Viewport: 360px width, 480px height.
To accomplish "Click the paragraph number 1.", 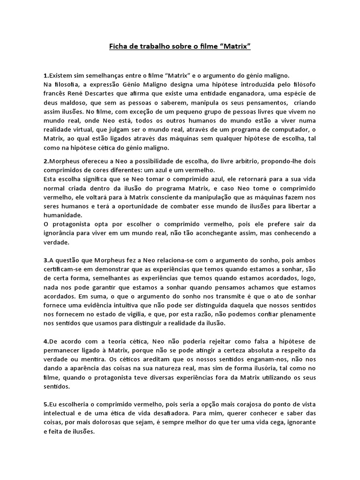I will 45,75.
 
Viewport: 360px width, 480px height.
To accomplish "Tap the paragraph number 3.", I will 45,260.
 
